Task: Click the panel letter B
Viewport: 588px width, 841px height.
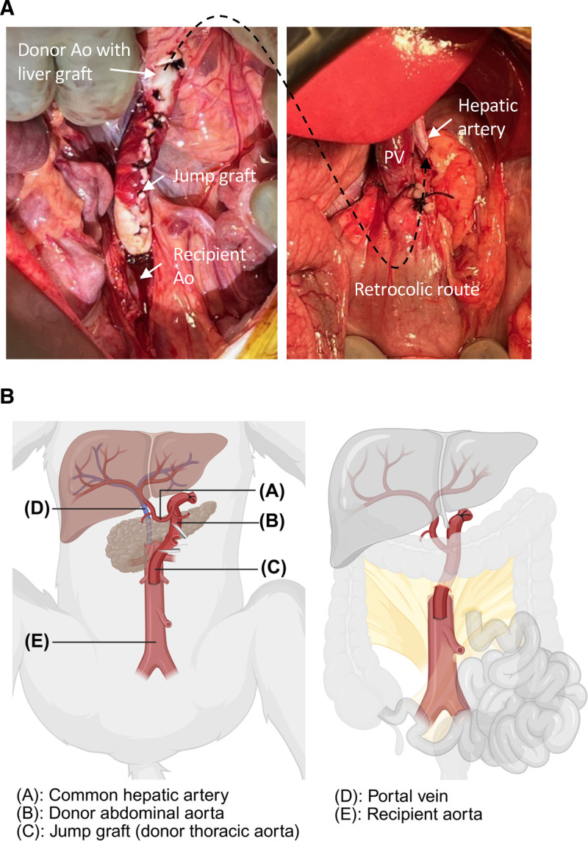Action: [x=10, y=397]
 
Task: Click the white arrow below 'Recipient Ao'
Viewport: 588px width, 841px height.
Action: [x=148, y=272]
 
